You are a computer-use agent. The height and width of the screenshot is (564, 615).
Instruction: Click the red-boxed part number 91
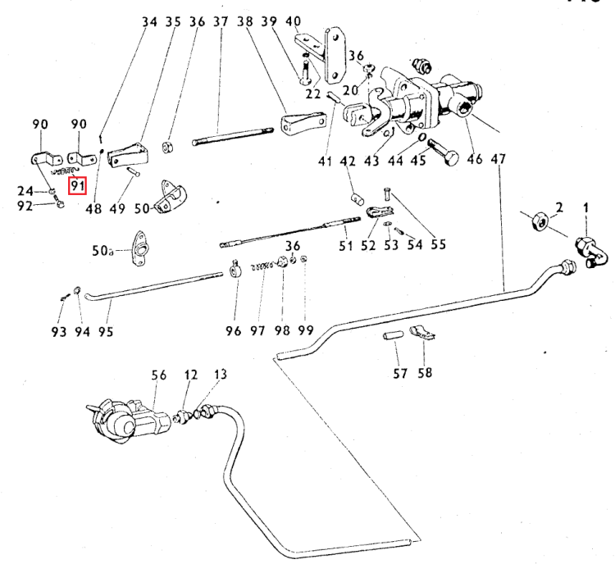pos(78,186)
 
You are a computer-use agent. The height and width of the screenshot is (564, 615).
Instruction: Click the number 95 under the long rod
pos(106,331)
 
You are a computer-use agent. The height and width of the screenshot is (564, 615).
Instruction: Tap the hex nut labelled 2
pos(538,220)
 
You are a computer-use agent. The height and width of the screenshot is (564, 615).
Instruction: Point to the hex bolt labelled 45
pos(443,152)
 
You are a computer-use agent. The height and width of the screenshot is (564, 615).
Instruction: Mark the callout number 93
pos(58,331)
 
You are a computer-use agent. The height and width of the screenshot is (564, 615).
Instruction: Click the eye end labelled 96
pos(235,268)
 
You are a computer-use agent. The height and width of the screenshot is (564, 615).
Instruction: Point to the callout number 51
pos(346,246)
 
